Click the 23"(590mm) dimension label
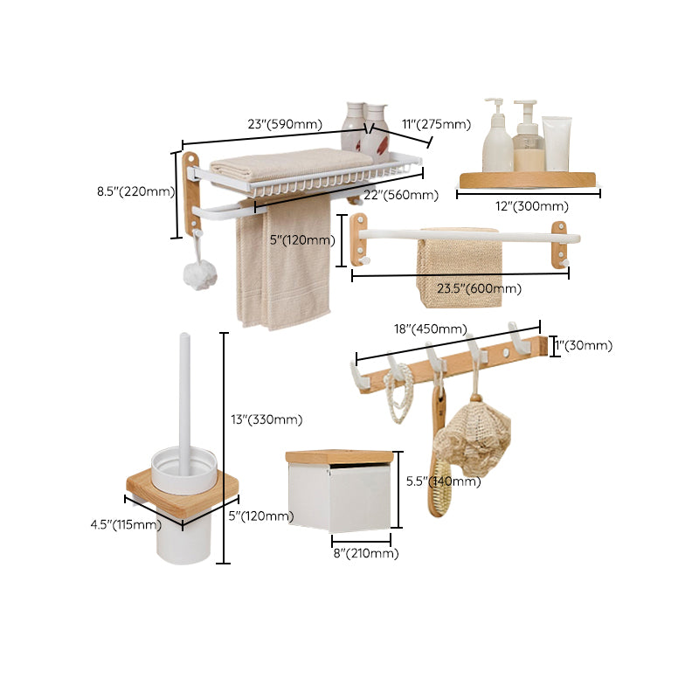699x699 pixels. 284,125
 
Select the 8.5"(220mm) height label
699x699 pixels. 135,191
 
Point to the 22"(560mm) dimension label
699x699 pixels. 401,195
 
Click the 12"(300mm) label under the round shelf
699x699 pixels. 529,207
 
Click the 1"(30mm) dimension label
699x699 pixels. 584,345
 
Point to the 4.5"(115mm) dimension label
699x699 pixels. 126,525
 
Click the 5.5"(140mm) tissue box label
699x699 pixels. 445,481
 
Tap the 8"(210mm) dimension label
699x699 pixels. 364,553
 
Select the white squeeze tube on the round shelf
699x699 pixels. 557,144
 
